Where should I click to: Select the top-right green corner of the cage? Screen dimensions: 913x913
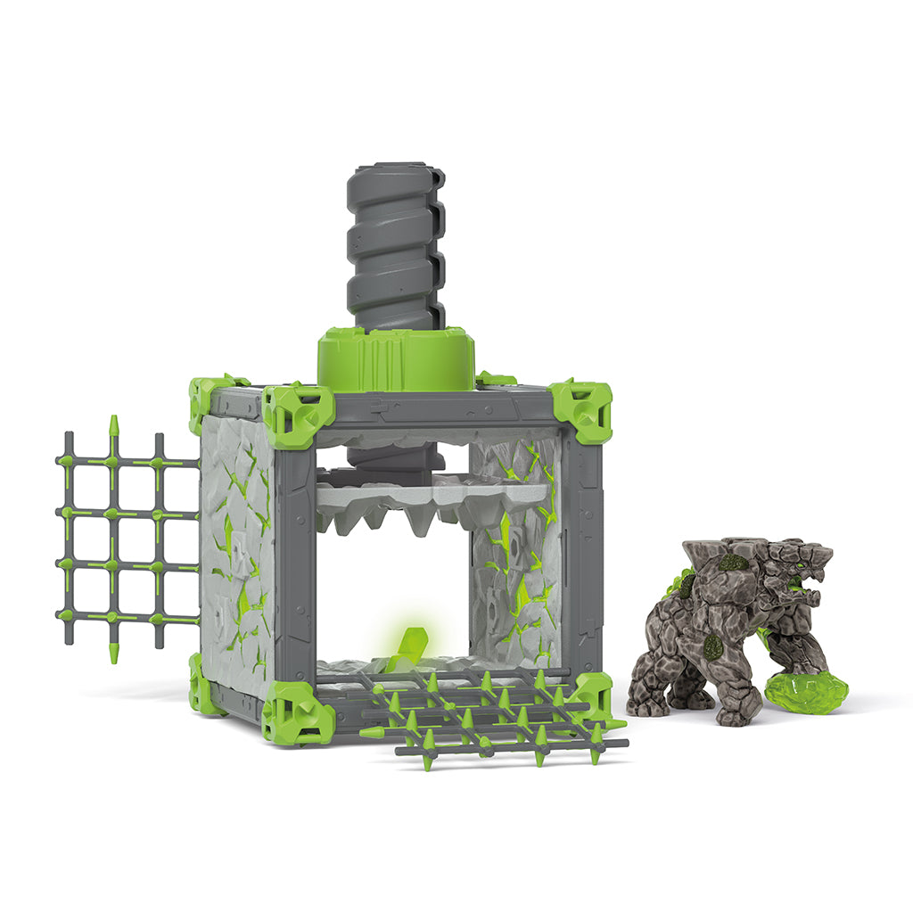coord(581,410)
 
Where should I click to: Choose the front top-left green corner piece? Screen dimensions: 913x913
coord(297,415)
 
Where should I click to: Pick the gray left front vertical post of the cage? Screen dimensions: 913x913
coord(295,562)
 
